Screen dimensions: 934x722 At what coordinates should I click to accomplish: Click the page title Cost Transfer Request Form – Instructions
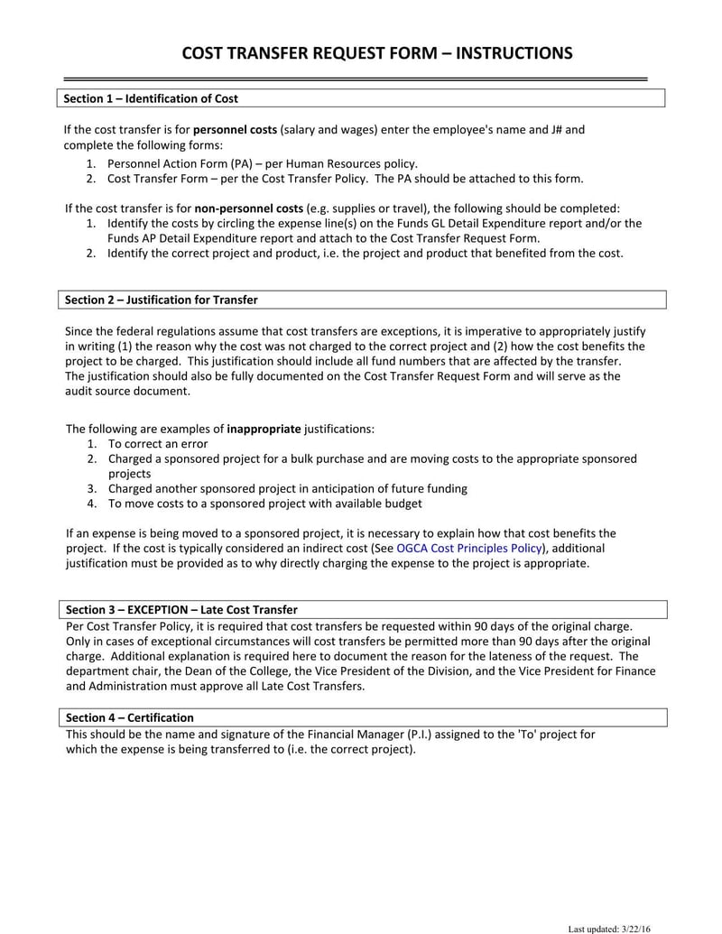click(x=377, y=53)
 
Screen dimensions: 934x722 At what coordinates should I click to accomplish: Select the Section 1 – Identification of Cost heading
click(x=152, y=98)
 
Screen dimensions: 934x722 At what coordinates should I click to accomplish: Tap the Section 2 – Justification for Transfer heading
click(x=162, y=300)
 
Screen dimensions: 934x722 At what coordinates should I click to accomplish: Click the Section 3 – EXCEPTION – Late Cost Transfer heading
click(x=181, y=609)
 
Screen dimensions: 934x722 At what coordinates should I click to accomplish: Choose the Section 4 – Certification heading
click(x=129, y=717)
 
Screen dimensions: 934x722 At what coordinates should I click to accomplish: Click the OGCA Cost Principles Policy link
click(x=469, y=548)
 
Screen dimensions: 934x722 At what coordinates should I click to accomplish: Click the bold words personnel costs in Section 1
click(x=235, y=130)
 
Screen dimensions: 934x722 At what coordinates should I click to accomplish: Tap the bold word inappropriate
click(x=264, y=428)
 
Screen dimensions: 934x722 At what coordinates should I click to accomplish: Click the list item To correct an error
click(x=158, y=443)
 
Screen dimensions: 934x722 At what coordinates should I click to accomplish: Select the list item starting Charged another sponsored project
click(x=287, y=488)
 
